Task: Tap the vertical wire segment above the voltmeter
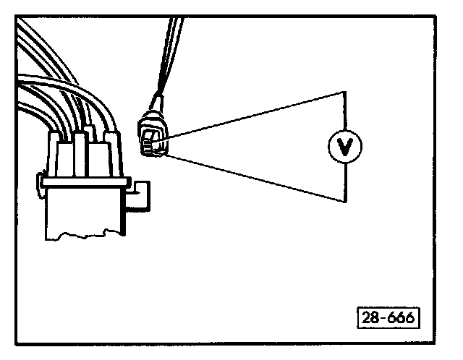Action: click(344, 112)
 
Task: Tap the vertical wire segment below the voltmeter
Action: click(344, 181)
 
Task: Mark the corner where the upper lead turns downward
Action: click(344, 91)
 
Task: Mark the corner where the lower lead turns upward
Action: click(344, 201)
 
